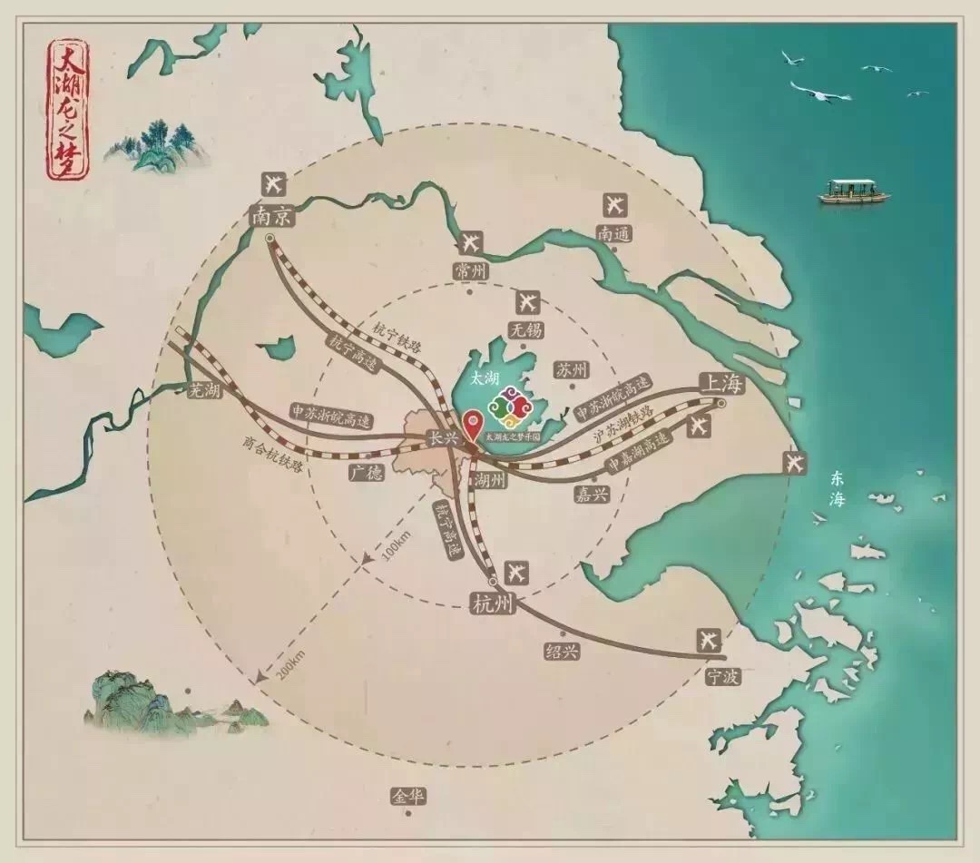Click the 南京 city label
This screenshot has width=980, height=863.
[x=273, y=216]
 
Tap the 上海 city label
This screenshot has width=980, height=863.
[x=720, y=384]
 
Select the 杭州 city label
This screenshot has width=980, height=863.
[x=493, y=603]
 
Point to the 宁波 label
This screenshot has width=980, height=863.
[x=722, y=676]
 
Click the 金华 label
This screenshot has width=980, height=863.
[x=408, y=797]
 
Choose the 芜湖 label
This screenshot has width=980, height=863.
[x=203, y=391]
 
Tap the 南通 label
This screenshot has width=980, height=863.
[x=613, y=233]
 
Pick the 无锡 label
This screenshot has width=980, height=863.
[x=525, y=330]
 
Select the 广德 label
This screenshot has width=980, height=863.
[x=366, y=473]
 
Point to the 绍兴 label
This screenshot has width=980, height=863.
[x=562, y=651]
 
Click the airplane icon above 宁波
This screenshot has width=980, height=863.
[x=709, y=640]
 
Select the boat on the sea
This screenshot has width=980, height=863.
[x=854, y=191]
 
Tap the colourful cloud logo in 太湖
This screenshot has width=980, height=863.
[x=508, y=407]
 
